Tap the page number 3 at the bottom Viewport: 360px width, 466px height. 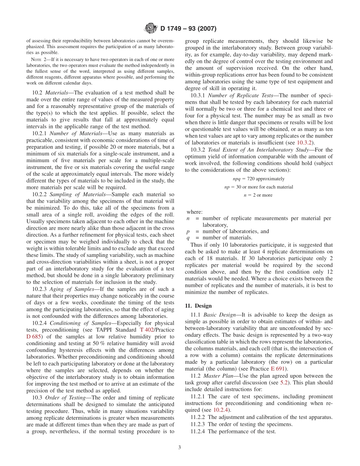pyautogui.click(x=180, y=447)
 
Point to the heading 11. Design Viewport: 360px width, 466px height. pyautogui.click(x=198, y=306)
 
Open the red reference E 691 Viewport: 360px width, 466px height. pyautogui.click(x=280, y=369)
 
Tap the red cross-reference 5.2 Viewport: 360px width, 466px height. pyautogui.click(x=284, y=383)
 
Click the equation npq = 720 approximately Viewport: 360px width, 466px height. pyautogui.click(x=258, y=179)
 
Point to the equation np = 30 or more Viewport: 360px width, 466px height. pyautogui.click(x=258, y=187)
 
